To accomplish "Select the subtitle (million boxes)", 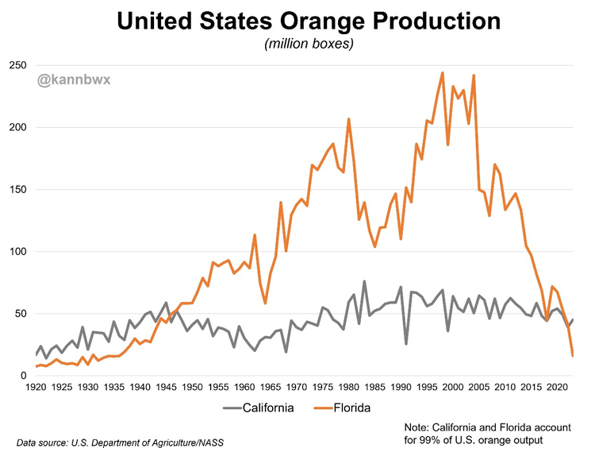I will (x=308, y=44).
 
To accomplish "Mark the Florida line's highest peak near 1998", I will (x=442, y=72).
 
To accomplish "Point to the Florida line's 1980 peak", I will (x=349, y=119).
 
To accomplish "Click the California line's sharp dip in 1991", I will (x=406, y=343).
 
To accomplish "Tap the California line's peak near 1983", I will (x=364, y=281).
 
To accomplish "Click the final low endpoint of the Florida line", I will (x=573, y=355).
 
